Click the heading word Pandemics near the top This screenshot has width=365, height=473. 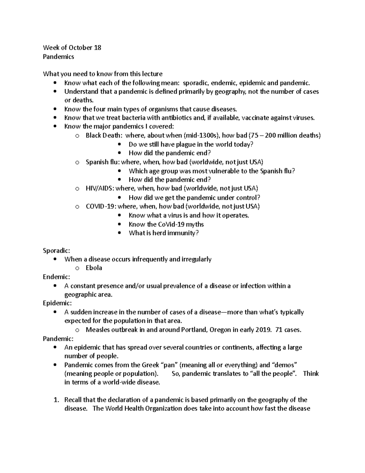(x=58, y=57)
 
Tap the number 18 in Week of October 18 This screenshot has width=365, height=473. (x=97, y=48)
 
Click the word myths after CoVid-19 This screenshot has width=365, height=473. (x=195, y=224)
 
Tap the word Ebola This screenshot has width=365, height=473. (x=94, y=268)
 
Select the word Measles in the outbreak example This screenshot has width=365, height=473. (x=96, y=330)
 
